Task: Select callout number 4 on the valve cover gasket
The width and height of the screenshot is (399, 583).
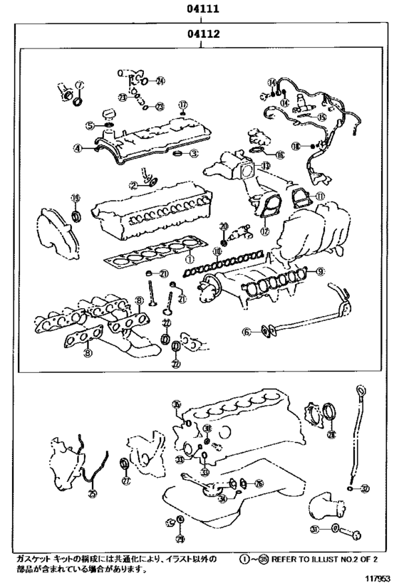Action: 76,149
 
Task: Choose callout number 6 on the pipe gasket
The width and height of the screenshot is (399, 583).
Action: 247,330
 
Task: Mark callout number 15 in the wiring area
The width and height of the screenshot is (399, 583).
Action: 322,117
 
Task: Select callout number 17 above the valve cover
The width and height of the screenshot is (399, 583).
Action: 182,104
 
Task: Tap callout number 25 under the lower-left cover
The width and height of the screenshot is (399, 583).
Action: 92,492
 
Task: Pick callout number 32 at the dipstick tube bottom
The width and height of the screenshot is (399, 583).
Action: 366,488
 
